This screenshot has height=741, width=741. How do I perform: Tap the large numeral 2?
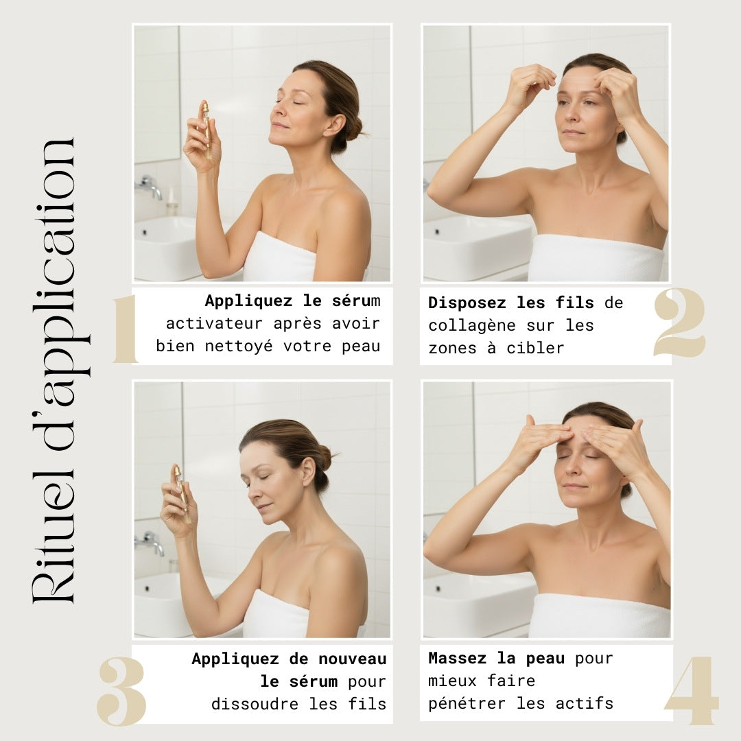[x=679, y=322]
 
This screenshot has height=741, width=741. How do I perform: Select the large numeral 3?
[x=121, y=691]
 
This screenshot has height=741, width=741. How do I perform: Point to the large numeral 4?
[x=692, y=690]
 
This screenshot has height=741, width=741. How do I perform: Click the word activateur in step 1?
[x=214, y=324]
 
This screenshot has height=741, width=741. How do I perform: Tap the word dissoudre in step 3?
[x=255, y=704]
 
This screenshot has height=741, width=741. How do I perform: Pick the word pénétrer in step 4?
[x=467, y=704]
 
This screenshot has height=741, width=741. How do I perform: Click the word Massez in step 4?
[x=457, y=658]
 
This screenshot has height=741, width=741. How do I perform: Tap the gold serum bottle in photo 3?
[x=182, y=493]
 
